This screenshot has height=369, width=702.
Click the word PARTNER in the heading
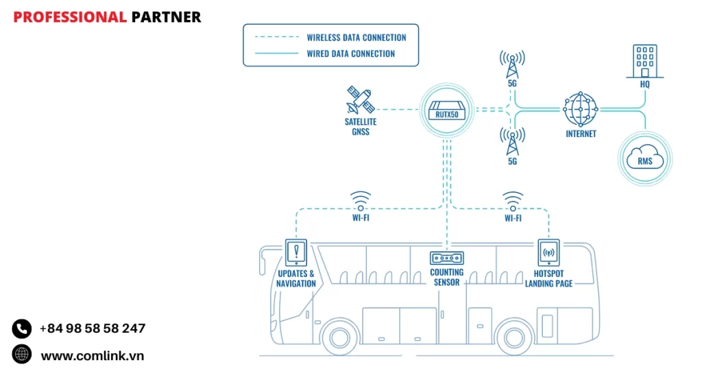pyautogui.click(x=167, y=17)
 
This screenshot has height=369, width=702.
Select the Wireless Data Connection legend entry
pyautogui.click(x=356, y=38)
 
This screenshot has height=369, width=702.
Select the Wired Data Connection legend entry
pyautogui.click(x=350, y=53)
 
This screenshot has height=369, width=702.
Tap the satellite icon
pyautogui.click(x=360, y=100)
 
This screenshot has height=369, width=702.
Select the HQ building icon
pyautogui.click(x=644, y=60)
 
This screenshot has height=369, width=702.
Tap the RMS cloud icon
pyautogui.click(x=644, y=160)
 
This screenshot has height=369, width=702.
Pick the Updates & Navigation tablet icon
pyautogui.click(x=296, y=252)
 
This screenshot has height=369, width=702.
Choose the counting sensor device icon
pyautogui.click(x=447, y=259)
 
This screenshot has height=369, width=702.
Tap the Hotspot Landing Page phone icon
pyautogui.click(x=548, y=252)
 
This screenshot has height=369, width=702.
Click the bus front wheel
pyautogui.click(x=338, y=337)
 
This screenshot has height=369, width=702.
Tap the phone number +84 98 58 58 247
pyautogui.click(x=92, y=329)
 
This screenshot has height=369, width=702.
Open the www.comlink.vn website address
pyautogui.click(x=92, y=355)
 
